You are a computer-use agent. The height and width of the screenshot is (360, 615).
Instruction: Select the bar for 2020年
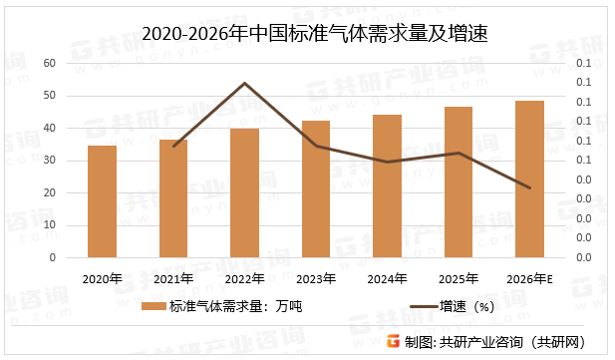[x=102, y=201]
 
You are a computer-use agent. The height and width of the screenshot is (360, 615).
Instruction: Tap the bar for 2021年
[x=173, y=198]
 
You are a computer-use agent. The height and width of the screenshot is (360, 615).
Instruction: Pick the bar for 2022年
[x=245, y=192]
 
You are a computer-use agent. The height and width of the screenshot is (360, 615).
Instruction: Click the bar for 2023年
[x=316, y=188]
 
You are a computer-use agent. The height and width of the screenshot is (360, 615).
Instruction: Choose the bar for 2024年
[x=387, y=185]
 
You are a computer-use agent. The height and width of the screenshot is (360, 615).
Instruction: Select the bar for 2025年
[x=459, y=181]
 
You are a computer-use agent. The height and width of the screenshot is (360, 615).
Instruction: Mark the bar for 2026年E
[x=529, y=179]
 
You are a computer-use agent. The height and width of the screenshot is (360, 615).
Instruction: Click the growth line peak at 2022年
[x=245, y=83]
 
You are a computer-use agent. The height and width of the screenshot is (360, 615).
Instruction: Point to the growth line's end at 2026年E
[x=529, y=187]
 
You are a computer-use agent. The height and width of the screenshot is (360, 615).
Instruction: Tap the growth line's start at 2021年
[x=173, y=147]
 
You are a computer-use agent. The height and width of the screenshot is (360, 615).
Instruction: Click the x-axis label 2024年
[x=387, y=278]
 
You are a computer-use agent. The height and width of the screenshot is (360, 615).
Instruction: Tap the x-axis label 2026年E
[x=529, y=278]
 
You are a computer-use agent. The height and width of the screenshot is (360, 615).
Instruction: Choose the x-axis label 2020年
[x=102, y=278]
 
